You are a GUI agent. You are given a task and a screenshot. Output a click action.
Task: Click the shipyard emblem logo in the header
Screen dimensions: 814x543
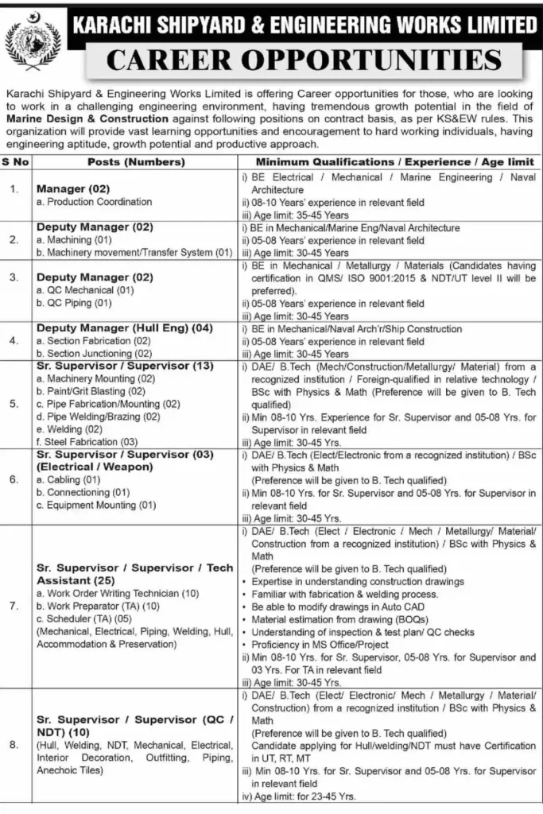coord(32,43)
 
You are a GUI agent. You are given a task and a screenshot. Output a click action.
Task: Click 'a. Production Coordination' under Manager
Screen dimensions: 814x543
coord(94,202)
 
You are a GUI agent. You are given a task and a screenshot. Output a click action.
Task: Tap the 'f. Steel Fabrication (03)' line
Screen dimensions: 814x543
coord(87,441)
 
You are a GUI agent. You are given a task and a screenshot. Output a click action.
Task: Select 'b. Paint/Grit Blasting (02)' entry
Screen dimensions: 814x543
coord(91,391)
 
